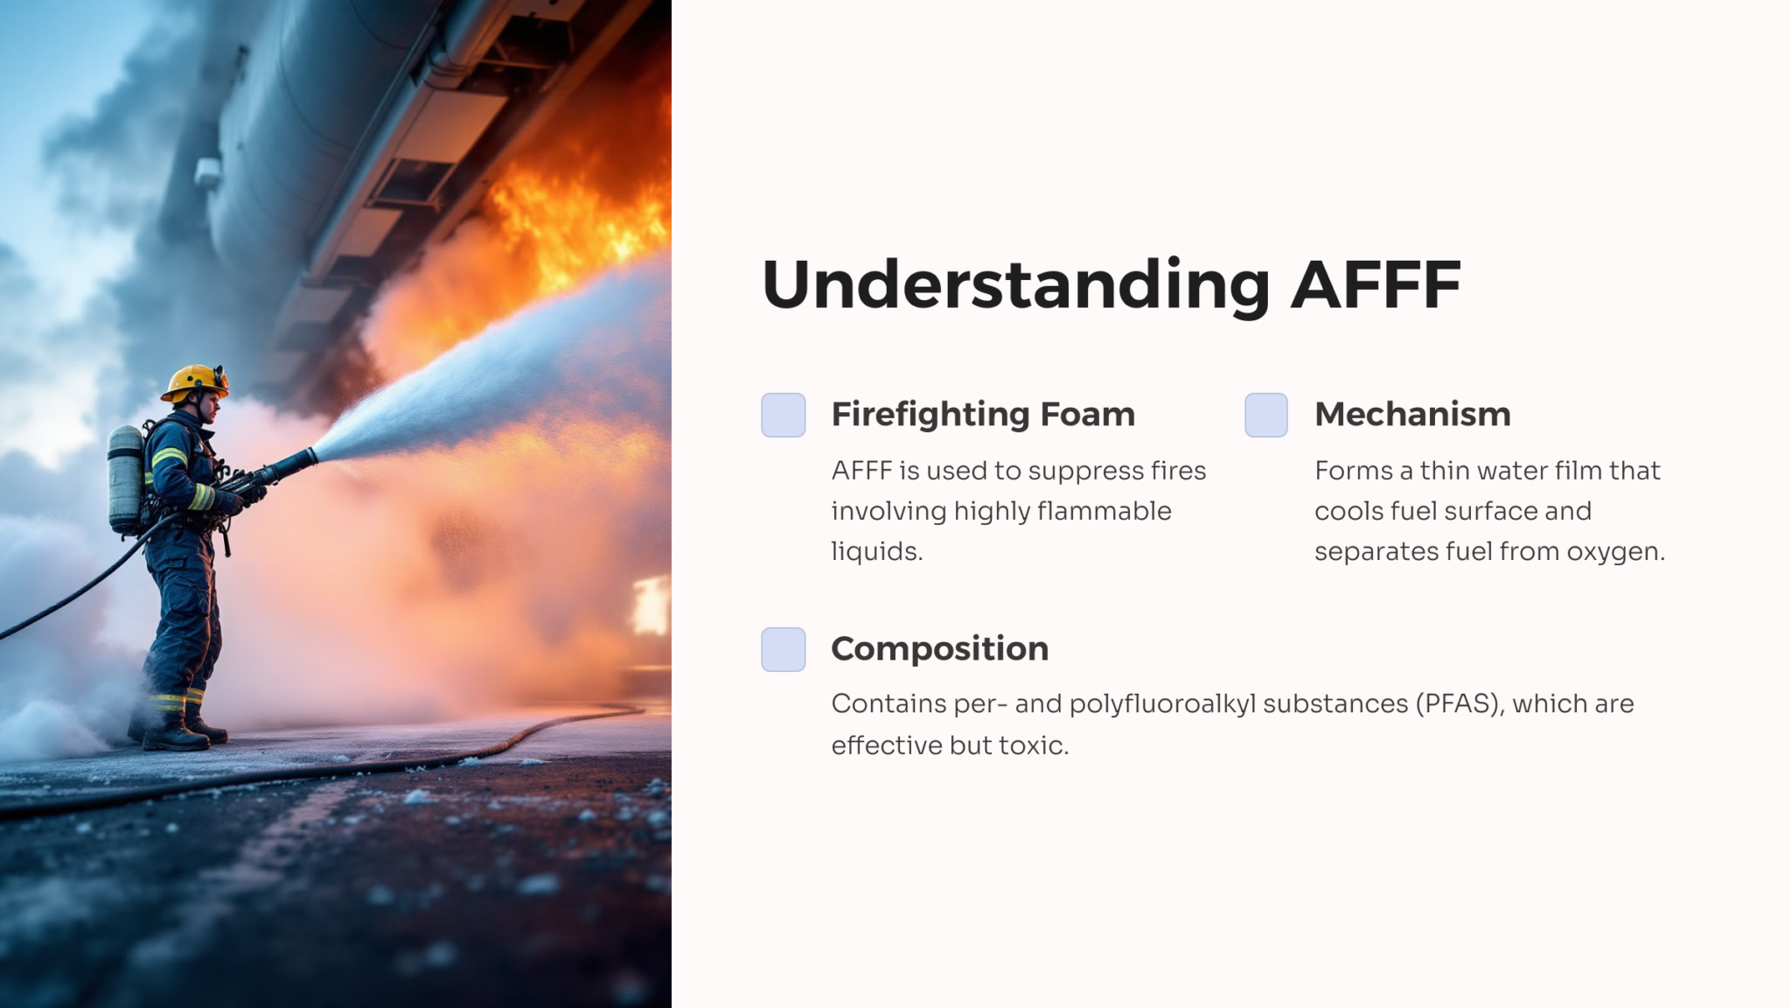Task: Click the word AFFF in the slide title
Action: pos(1376,284)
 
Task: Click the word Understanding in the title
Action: pos(1015,284)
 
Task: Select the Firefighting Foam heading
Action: pos(983,414)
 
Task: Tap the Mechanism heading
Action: pos(1412,414)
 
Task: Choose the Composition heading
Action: pos(939,648)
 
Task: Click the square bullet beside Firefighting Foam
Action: pos(783,415)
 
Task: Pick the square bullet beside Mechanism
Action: pos(1265,415)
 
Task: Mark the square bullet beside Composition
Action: pos(783,649)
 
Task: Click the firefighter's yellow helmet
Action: pos(195,381)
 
